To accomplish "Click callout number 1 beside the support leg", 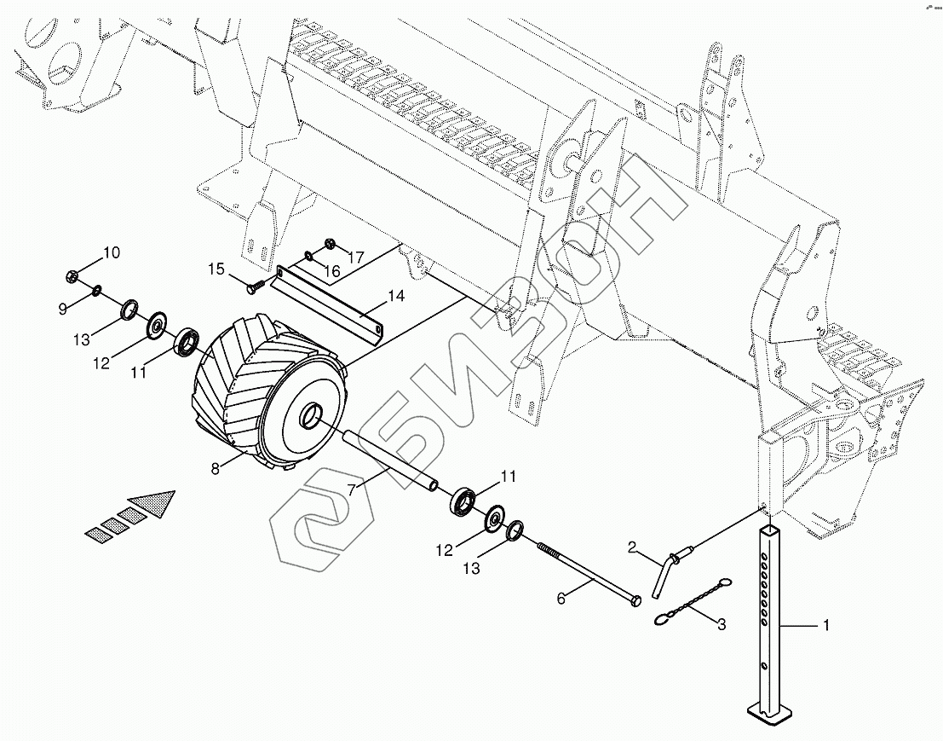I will coord(825,626).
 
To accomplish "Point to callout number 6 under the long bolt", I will coord(561,599).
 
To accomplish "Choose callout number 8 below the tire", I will coord(216,466).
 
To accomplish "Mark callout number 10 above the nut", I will coord(112,252).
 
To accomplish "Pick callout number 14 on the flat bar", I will coord(395,296).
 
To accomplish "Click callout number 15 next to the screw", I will coord(216,269).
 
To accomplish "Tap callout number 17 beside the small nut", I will coord(355,256).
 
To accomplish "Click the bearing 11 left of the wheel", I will coord(187,342).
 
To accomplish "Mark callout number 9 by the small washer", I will coord(62,309).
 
